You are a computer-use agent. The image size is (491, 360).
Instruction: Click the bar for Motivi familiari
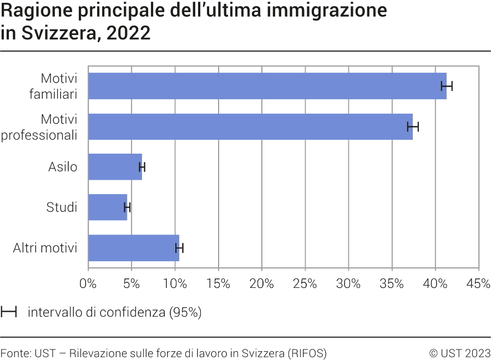point(266,86)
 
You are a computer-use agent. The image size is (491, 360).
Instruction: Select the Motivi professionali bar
point(250,126)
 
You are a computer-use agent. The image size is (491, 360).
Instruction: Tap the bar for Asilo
point(115,167)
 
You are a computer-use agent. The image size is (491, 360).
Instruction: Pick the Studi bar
point(107,207)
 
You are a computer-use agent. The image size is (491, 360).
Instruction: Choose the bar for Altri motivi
point(133,248)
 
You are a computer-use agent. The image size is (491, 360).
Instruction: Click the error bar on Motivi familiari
point(447,86)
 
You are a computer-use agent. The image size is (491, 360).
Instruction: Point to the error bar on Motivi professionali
point(413,126)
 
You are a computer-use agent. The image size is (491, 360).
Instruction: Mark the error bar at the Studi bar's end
point(127,207)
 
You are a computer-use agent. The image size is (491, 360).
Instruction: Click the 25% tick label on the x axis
point(305,284)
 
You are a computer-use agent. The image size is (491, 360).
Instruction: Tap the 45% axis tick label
point(478,284)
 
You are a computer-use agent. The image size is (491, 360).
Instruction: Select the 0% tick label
point(88,284)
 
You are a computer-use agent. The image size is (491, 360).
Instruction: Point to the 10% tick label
point(175,284)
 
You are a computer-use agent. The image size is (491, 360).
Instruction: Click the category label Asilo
point(63,167)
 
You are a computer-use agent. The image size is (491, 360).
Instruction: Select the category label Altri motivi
point(45,248)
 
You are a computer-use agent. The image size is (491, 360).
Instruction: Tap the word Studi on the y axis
point(62,207)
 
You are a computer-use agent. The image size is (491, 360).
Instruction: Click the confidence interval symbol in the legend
point(9,312)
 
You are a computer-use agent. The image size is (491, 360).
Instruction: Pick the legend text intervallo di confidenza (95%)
point(114,312)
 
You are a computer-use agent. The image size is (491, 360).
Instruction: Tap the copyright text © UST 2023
point(459,353)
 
